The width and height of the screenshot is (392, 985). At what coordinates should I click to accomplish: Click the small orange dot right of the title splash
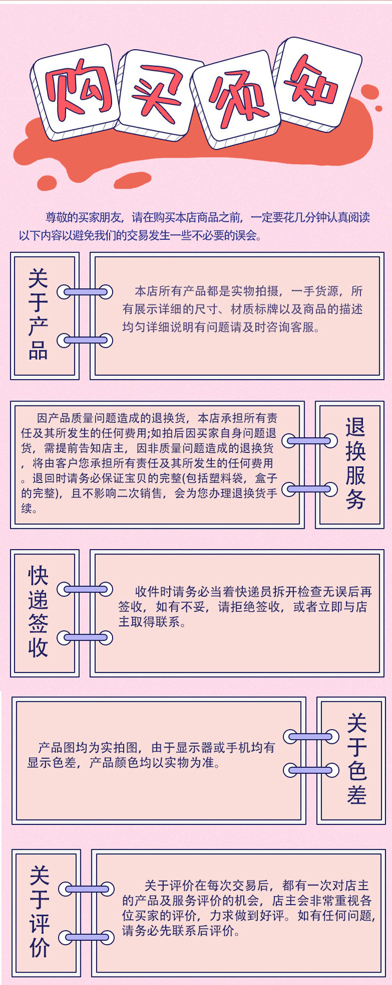(x=379, y=108)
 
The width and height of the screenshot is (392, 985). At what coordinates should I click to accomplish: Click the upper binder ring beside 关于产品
(x=85, y=292)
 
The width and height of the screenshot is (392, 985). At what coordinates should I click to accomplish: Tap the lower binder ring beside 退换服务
(x=309, y=489)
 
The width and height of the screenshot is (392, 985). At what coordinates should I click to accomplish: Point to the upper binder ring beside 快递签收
(x=85, y=589)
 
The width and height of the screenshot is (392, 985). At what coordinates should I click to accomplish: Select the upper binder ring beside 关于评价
(x=86, y=889)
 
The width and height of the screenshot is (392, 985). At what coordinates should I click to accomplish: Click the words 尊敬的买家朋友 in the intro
(x=82, y=217)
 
